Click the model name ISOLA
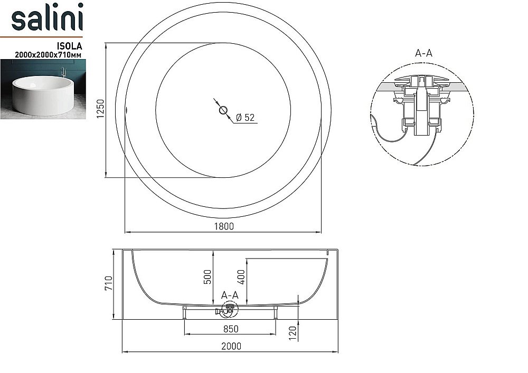(x=71, y=45)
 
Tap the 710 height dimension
(x=109, y=284)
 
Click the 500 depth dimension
(x=208, y=276)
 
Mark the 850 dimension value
(x=230, y=329)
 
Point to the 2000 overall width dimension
(x=231, y=346)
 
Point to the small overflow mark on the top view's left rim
(x=127, y=110)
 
